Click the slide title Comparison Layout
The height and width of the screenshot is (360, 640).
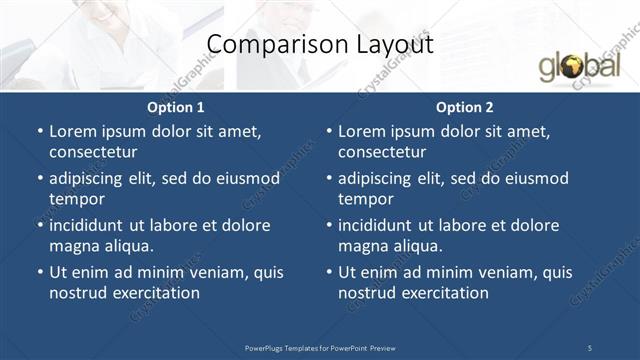[319, 44]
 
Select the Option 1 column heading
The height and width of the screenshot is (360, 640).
[176, 107]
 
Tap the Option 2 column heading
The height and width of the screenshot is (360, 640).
[465, 107]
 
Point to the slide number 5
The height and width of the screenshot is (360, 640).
[590, 347]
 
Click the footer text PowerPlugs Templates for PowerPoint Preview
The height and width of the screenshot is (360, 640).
[320, 347]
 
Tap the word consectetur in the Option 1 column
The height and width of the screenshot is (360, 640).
[93, 152]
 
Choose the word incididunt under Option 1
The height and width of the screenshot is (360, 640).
[89, 225]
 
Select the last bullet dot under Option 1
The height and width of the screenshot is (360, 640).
[39, 272]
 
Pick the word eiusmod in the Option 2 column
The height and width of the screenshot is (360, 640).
[535, 178]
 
